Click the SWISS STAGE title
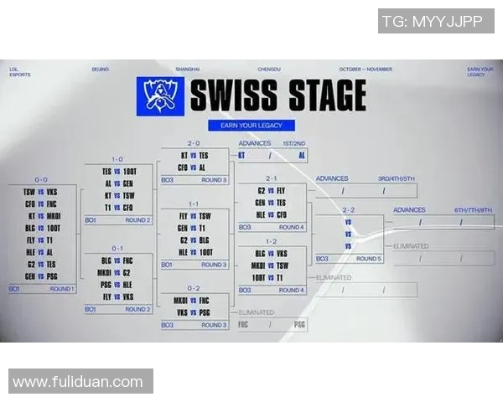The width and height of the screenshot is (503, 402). coord(277,95)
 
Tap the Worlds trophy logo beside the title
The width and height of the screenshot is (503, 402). coord(158,95)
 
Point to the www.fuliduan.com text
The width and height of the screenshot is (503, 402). coord(78,382)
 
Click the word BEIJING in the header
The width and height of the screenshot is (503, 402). coord(100,69)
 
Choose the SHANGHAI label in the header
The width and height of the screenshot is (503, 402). coord(189,69)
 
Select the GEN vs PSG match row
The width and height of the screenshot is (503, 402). coord(41,275)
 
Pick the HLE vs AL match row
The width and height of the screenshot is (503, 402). coord(41,251)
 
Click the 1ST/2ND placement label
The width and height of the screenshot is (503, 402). coord(294,143)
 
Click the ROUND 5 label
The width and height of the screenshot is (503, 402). coord(368,259)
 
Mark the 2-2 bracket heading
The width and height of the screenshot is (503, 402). coord(349,209)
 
